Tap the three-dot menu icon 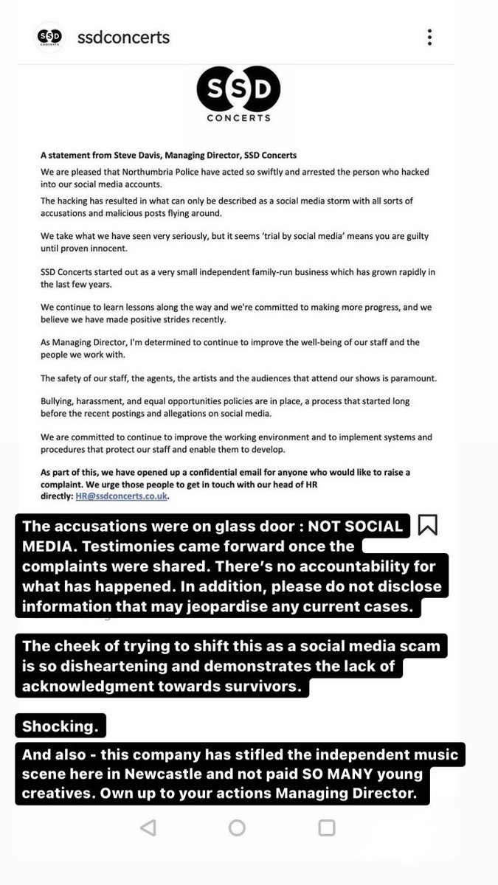(x=429, y=37)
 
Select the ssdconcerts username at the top (x=123, y=37)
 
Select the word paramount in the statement (x=413, y=378)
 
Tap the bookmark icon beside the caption (x=428, y=525)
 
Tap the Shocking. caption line (x=60, y=726)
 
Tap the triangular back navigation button (x=148, y=827)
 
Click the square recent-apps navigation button (x=327, y=827)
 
